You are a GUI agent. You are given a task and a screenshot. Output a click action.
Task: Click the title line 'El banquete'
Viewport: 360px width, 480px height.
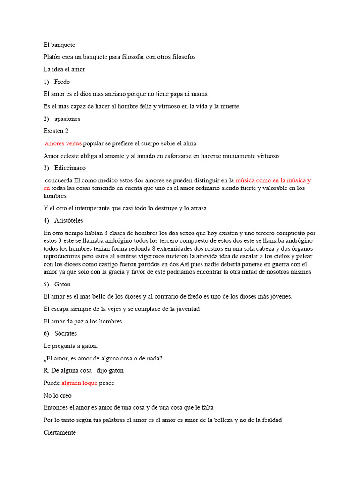[x=59, y=45]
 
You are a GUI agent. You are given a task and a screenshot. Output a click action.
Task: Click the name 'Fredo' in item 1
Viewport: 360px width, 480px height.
[x=62, y=82]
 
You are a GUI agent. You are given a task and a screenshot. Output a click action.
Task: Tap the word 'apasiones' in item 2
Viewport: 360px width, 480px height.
[x=67, y=119]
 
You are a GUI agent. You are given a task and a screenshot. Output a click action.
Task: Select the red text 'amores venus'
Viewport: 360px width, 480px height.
[x=63, y=143]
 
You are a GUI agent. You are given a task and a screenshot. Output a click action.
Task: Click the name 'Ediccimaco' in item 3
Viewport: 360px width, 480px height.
[x=70, y=168]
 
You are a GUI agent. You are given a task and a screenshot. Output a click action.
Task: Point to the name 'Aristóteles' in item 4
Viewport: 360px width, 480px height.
[x=68, y=220]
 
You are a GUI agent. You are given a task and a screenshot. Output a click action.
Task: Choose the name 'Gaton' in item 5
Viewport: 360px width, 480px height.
[x=62, y=284]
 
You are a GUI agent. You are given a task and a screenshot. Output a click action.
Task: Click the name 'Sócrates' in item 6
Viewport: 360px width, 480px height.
[x=65, y=333]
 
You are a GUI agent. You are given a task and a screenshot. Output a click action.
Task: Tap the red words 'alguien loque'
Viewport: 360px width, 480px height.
[x=79, y=383]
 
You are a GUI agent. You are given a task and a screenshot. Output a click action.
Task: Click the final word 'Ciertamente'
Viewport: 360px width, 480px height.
[x=60, y=432]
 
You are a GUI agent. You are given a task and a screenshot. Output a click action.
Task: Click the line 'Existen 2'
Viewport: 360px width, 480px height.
[x=56, y=131]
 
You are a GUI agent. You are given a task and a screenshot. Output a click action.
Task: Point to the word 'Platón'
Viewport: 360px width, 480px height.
[x=52, y=57]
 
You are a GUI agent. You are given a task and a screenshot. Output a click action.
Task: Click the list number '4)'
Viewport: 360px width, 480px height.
[x=46, y=220]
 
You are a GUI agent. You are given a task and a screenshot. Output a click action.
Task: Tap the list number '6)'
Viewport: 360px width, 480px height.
[x=46, y=333]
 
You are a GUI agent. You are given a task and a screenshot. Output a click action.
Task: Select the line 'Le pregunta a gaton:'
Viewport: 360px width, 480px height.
[x=70, y=346]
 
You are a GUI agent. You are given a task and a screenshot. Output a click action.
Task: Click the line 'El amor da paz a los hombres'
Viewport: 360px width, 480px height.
[x=82, y=321]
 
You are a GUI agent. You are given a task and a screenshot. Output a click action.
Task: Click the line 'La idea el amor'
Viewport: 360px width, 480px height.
[x=64, y=69]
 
